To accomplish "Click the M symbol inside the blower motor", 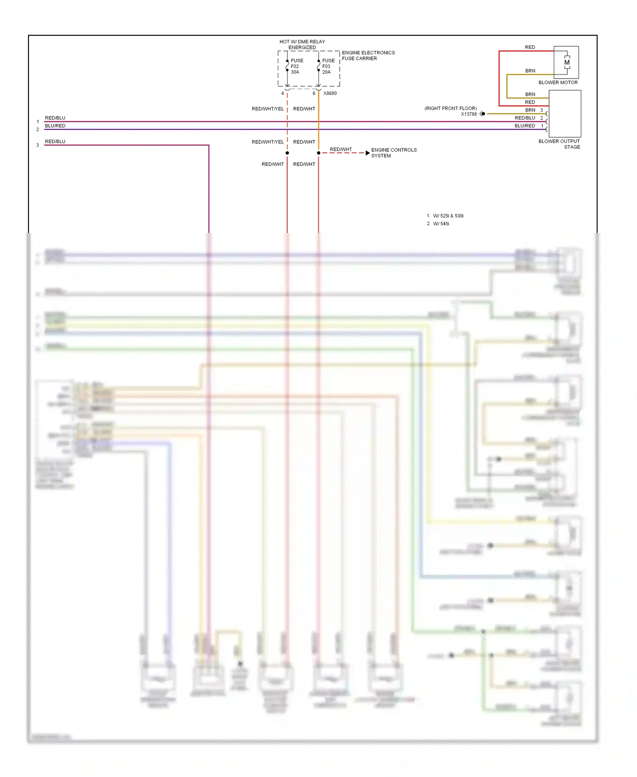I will (x=567, y=62).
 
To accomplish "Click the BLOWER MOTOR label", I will (x=558, y=82).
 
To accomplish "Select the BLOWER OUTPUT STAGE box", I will (x=565, y=113).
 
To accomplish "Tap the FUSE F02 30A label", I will (x=296, y=66).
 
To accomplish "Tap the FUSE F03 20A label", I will (x=328, y=66).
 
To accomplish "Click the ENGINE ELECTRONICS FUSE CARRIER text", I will (x=368, y=56).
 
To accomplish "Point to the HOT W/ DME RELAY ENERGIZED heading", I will (x=302, y=45).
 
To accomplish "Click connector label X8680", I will (x=330, y=94).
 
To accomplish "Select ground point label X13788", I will (x=468, y=114).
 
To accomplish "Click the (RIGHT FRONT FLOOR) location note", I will (x=451, y=108).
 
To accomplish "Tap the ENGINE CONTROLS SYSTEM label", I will (x=394, y=153).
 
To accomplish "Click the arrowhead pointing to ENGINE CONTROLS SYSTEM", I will (x=367, y=153).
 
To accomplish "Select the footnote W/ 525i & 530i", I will (x=448, y=216).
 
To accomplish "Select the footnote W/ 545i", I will (x=441, y=224).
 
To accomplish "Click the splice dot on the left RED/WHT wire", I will (x=287, y=153).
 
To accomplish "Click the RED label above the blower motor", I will (x=530, y=47).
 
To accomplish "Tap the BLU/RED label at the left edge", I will (x=55, y=126).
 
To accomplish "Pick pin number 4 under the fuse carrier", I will (x=282, y=94).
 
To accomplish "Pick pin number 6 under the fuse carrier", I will (x=314, y=94).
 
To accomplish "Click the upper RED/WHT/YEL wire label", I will (x=268, y=109).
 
